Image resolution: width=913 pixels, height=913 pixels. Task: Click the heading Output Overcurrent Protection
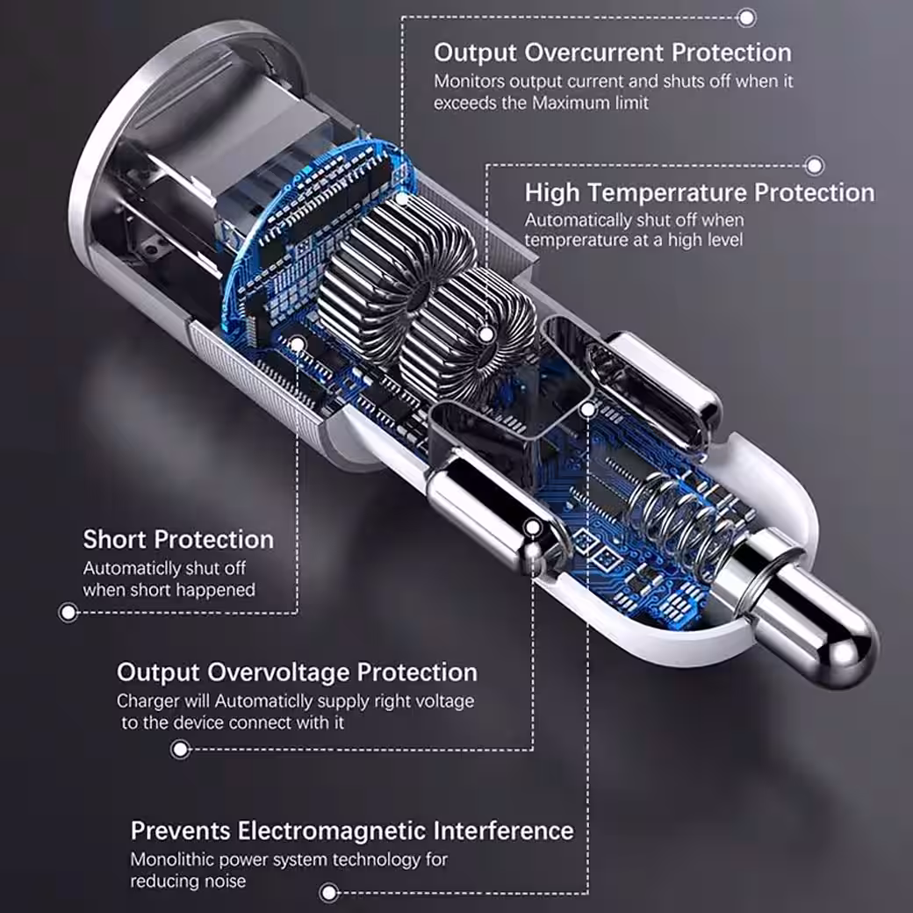[x=613, y=53]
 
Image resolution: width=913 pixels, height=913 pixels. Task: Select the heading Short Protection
[x=178, y=540]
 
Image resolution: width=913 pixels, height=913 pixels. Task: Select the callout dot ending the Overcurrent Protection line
[x=746, y=18]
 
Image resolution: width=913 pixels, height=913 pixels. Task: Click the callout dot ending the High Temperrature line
[x=814, y=166]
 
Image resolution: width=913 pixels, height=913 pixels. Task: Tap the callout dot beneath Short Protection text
[x=68, y=613]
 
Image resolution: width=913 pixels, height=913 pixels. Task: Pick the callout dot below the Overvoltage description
[x=181, y=750]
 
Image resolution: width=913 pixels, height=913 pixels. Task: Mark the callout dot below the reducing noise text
[x=329, y=893]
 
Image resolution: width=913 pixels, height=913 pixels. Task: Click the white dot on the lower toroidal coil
[x=486, y=334]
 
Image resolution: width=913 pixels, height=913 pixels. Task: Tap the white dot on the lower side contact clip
[x=533, y=528]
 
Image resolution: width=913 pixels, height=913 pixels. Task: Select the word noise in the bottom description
[x=226, y=881]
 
